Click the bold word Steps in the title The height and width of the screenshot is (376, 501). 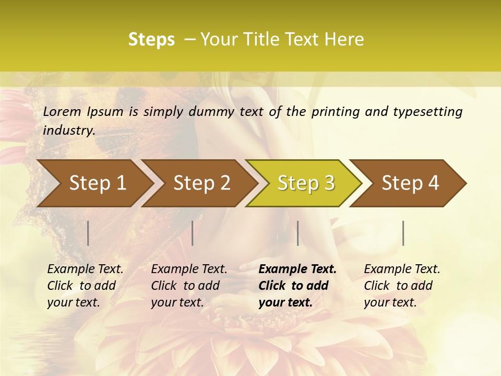151,40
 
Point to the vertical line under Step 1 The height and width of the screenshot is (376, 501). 88,233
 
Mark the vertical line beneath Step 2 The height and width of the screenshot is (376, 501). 193,233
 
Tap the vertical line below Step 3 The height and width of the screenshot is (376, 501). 297,233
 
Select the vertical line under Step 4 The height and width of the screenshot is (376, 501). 403,233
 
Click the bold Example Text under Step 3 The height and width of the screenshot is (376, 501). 297,285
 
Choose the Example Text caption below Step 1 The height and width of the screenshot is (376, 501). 85,285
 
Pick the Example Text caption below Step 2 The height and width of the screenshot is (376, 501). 189,285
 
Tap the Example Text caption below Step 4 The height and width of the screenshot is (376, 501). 402,285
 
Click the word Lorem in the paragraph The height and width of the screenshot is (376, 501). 62,112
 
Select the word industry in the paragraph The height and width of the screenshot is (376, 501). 68,131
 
